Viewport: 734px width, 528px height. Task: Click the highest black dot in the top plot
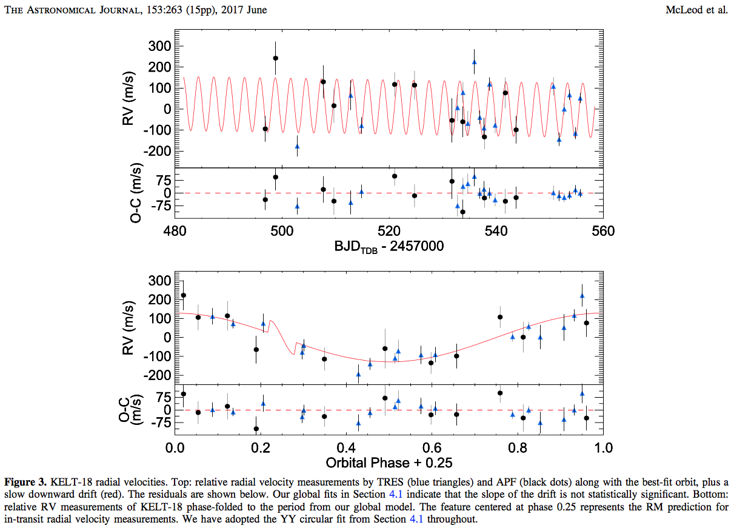coord(275,58)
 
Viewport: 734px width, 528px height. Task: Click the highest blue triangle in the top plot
coord(474,62)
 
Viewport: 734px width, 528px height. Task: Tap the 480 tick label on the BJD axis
coord(175,231)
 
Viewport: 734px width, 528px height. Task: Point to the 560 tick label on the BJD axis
coord(604,231)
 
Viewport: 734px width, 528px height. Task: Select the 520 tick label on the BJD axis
coord(389,231)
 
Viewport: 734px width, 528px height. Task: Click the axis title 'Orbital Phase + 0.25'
coord(389,464)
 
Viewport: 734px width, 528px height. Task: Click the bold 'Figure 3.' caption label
coord(25,483)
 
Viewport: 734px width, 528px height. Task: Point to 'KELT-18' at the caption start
coord(67,483)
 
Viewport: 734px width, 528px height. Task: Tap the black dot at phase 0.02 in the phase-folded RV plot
coord(184,295)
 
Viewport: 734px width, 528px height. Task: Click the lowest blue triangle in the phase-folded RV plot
coord(358,374)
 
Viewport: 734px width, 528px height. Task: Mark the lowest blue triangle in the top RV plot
coord(297,146)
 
